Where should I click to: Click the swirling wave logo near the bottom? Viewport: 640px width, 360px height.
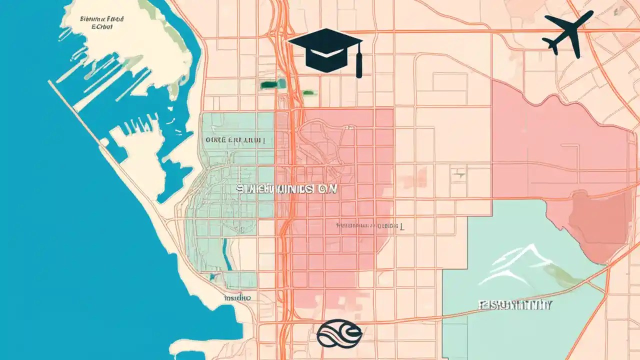tap(338, 333)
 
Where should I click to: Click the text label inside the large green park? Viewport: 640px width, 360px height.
tap(515, 305)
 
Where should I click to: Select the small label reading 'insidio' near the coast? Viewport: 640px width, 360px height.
tap(236, 297)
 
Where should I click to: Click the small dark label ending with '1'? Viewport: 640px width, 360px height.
tap(370, 226)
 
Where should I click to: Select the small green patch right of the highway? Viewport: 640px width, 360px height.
tap(309, 92)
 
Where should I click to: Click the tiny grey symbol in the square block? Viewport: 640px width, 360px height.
tap(458, 174)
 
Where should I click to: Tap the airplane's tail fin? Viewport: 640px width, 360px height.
tap(552, 44)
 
